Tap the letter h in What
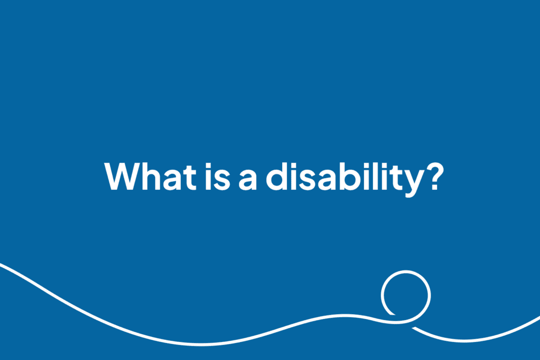tap(151, 176)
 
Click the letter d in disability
tap(277, 177)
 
